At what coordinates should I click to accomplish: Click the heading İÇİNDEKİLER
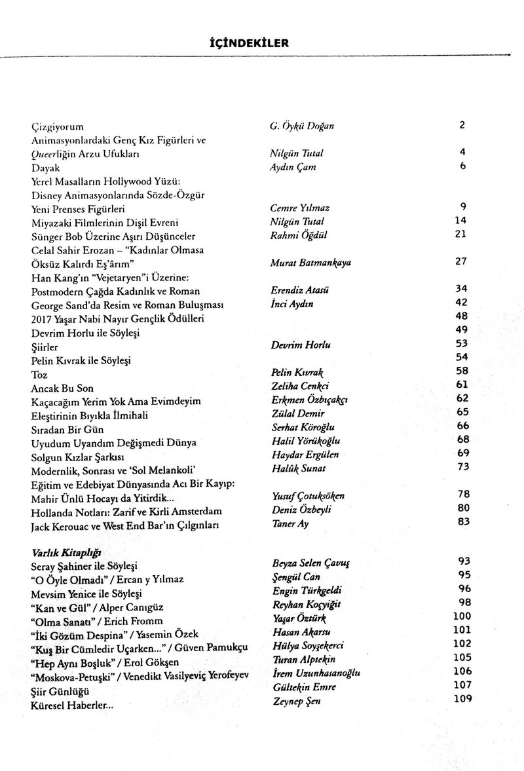263,44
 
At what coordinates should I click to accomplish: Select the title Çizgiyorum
58,126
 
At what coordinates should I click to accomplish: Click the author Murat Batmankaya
310,263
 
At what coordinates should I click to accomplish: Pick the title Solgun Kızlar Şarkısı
78,455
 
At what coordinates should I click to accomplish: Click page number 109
462,700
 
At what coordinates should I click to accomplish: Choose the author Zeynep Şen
296,702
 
